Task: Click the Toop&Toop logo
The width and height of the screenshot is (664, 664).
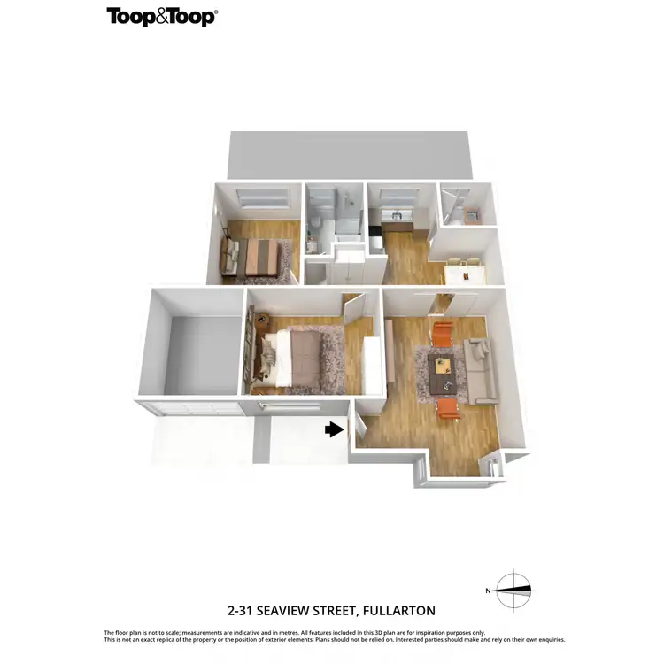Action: coord(162,17)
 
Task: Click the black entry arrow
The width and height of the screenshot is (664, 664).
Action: coord(333,429)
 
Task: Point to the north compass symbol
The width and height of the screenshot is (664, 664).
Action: coord(513,590)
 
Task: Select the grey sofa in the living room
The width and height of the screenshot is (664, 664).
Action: coord(481,371)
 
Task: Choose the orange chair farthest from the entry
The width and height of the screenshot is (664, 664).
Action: coord(442,335)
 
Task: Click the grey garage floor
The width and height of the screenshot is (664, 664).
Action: coord(202,352)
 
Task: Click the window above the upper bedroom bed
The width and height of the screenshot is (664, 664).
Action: coord(262,197)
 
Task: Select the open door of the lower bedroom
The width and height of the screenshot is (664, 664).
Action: coord(355,311)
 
